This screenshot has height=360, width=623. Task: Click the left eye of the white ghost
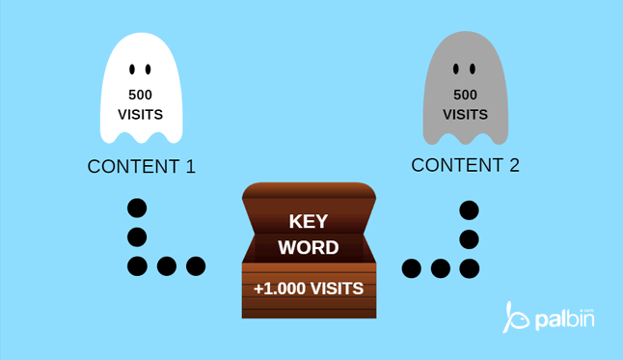coord(132,69)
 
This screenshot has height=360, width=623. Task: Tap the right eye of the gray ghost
coord(473,69)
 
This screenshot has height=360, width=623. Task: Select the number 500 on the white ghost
coord(140,95)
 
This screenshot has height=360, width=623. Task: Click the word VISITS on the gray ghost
coord(465,114)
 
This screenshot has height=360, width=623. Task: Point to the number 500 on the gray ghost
coord(465,95)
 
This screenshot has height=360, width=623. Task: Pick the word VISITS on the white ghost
coord(140,115)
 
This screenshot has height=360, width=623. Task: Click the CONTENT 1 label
coord(142,166)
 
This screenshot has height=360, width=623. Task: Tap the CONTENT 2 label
coord(465,165)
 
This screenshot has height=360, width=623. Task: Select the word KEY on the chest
coord(309,221)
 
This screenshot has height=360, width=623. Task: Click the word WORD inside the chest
coord(309,247)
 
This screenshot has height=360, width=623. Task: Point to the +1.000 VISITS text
coord(309,288)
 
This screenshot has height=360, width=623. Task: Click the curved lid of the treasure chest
coord(309,190)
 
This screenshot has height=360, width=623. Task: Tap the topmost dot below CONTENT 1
coord(137,208)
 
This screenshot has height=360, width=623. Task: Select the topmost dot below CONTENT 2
coord(469,209)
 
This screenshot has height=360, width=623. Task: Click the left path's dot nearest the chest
coord(196,265)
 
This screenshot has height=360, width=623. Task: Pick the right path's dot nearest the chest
coord(412,267)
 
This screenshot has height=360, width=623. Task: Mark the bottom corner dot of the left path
coord(137,265)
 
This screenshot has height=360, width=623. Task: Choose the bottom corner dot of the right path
coord(469,267)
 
